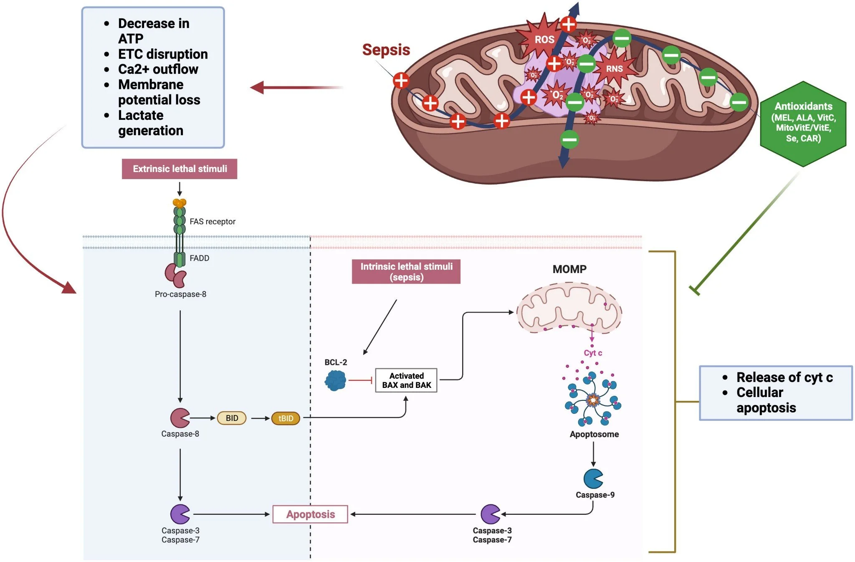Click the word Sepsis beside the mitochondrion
pos(386,50)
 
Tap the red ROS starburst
pos(544,39)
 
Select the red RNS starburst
pos(614,68)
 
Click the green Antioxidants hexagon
pos(803,124)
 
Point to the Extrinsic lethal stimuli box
pos(180,169)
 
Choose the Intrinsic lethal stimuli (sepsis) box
pos(406,272)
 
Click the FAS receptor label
pos(212,222)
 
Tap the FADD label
pos(199,258)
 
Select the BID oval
pos(232,418)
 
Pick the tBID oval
pos(286,418)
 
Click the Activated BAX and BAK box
pos(406,380)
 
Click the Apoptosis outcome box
pos(310,514)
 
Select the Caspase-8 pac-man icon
pos(180,418)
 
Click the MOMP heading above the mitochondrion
pos(569,269)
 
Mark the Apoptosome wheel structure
pos(593,400)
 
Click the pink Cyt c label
pos(593,353)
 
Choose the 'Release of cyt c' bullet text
pos(784,377)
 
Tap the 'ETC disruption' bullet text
pos(163,54)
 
